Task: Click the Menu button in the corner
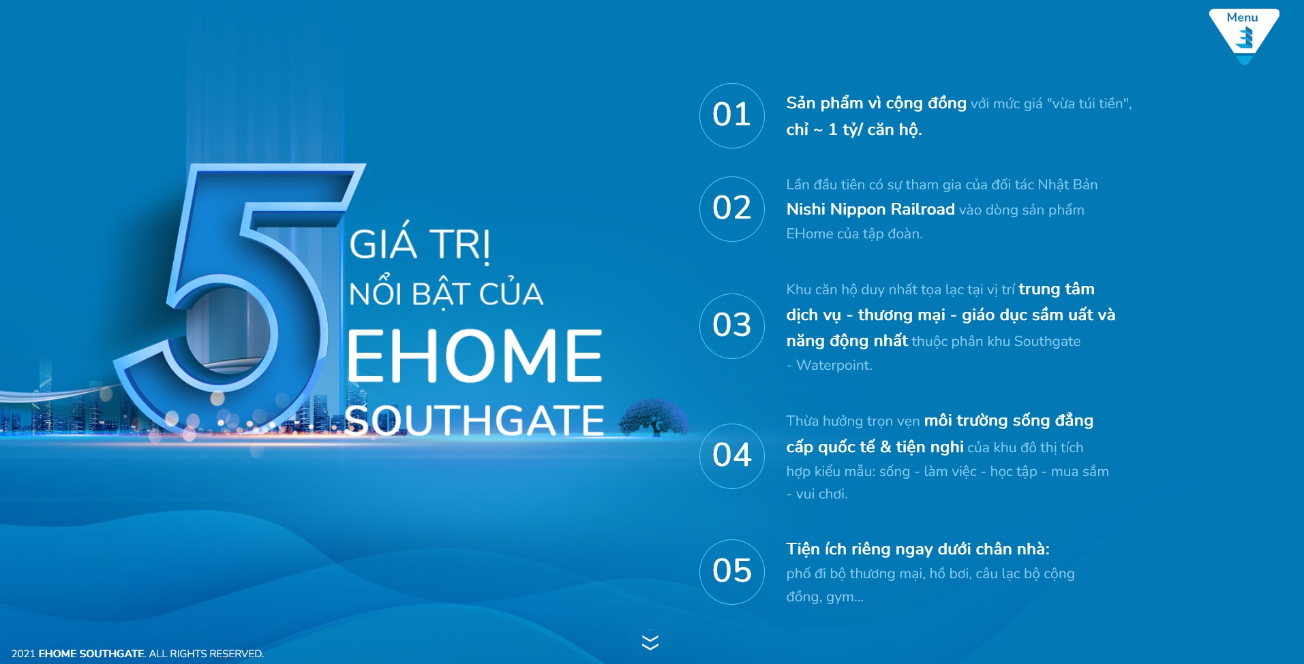click(x=1244, y=34)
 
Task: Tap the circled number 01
click(x=732, y=116)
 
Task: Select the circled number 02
click(x=732, y=209)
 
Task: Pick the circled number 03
click(x=732, y=326)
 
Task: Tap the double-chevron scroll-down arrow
click(x=650, y=642)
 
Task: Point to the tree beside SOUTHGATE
click(x=653, y=417)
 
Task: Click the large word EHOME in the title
click(x=475, y=355)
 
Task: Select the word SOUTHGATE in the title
click(x=474, y=420)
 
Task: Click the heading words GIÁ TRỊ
click(x=419, y=244)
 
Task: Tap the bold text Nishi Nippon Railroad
click(x=870, y=209)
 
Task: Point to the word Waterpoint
click(x=834, y=365)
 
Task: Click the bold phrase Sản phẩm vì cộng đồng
click(x=876, y=104)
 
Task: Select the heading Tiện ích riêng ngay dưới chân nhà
click(x=918, y=549)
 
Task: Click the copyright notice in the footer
click(x=138, y=654)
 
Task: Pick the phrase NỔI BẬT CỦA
click(x=446, y=294)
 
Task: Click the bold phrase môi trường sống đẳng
click(x=1009, y=421)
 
